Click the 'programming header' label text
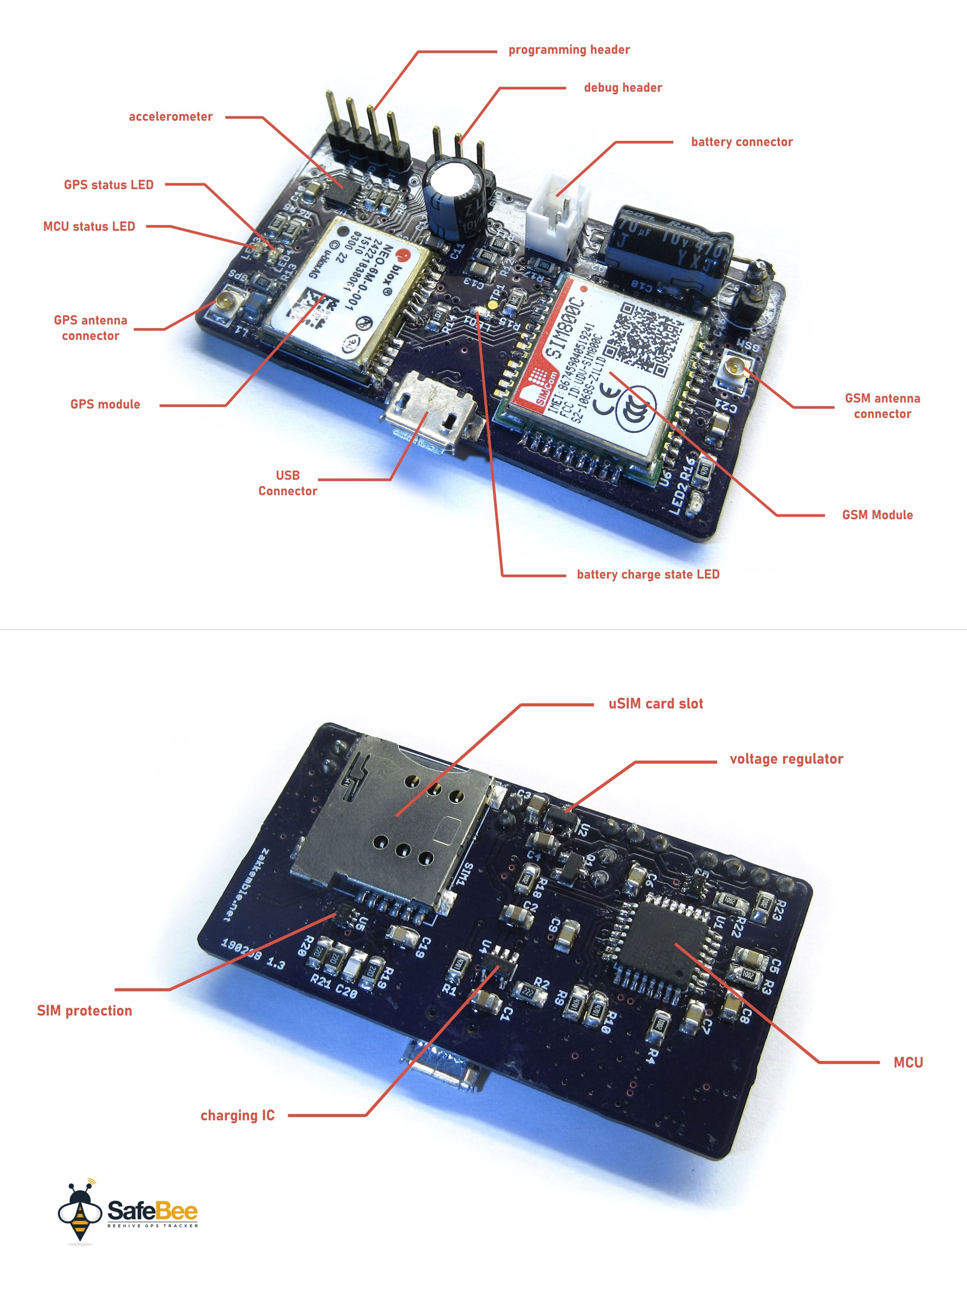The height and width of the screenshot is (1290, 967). click(569, 50)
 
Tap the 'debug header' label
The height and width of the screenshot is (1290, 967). click(622, 88)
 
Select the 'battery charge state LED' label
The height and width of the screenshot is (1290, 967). click(648, 574)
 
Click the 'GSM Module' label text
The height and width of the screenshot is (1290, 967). click(877, 515)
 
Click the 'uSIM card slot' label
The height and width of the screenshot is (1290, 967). click(655, 704)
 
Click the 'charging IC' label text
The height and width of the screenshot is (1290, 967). click(237, 1116)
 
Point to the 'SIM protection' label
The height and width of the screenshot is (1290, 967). click(85, 1011)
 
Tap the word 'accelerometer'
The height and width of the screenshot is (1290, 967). click(170, 117)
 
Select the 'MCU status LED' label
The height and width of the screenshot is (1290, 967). click(89, 227)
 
